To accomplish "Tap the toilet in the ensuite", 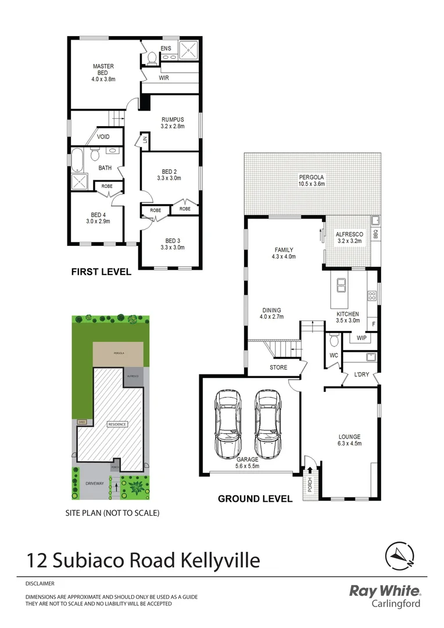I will coord(152,57).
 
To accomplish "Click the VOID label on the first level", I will coord(103,137).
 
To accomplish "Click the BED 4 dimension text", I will coord(98,221).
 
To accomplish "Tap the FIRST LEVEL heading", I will coord(101,272).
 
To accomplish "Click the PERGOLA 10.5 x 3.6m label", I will coord(311,180).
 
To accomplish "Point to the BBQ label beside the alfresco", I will coord(376,235).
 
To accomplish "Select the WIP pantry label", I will coord(360,337).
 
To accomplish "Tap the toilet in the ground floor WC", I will coord(334,339).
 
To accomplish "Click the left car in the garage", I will coord(228,423).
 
